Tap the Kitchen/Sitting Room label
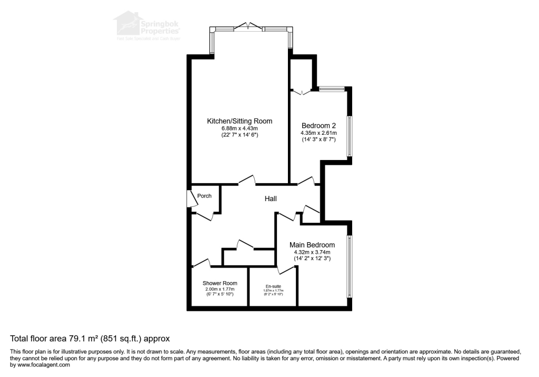click(239, 121)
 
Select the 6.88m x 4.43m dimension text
click(239, 128)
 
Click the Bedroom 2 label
click(318, 125)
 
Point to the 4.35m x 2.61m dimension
click(318, 133)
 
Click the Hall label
click(271, 199)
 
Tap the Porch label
click(204, 196)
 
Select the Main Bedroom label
click(312, 245)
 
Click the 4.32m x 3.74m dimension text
click(312, 252)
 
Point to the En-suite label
click(273, 286)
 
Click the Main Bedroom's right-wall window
click(349, 266)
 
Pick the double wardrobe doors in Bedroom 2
click(302, 93)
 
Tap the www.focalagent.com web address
click(39, 364)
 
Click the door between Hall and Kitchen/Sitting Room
click(246, 181)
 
